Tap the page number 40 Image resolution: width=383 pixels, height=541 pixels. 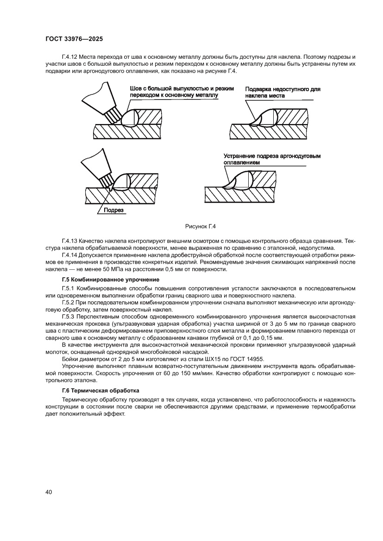(x=48, y=492)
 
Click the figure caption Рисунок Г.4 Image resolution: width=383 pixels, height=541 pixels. (x=201, y=226)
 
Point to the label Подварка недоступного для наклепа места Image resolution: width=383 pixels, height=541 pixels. (x=282, y=92)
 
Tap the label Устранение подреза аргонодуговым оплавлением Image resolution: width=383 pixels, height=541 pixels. (x=272, y=160)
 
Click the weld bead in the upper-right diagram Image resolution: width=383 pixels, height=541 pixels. (x=265, y=118)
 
